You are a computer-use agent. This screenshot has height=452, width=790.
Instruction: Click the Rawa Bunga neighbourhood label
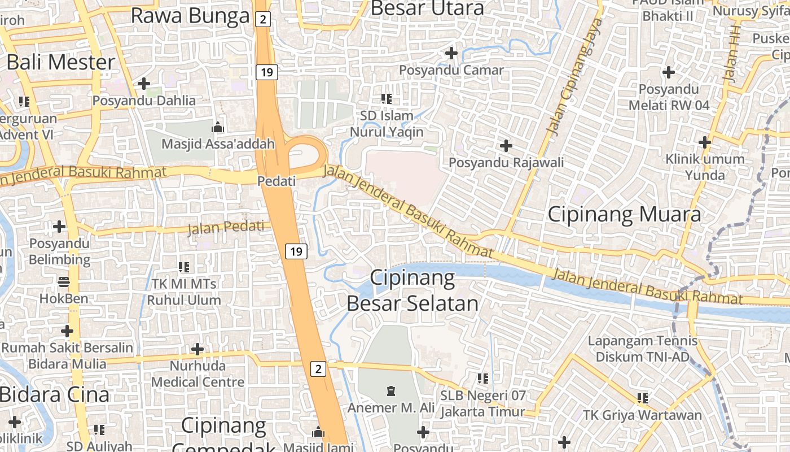tap(190, 16)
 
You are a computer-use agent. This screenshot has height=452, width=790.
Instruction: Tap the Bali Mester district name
tap(61, 62)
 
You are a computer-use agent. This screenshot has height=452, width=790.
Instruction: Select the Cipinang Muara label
tap(624, 214)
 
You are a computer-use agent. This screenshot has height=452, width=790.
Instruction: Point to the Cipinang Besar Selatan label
tap(412, 290)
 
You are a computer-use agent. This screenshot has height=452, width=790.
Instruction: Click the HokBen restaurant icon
tap(63, 281)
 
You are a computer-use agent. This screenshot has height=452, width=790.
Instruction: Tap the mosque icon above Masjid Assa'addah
tap(218, 127)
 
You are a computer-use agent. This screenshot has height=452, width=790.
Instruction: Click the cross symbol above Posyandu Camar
tap(451, 53)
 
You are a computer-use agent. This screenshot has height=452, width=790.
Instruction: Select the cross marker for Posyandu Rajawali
tap(506, 146)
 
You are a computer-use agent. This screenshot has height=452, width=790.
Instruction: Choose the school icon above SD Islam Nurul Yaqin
tap(387, 99)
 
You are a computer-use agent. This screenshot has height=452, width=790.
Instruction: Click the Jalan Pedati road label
tap(226, 228)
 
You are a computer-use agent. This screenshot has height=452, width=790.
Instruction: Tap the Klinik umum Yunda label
tap(705, 167)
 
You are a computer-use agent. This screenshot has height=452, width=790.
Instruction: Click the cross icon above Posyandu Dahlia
tap(144, 84)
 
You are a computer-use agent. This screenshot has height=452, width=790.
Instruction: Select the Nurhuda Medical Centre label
tap(197, 374)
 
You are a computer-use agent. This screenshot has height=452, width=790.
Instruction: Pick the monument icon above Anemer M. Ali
tap(390, 390)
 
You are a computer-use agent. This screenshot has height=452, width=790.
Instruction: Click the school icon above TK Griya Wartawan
tap(642, 398)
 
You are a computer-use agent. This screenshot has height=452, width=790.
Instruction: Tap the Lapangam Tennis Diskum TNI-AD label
tap(643, 349)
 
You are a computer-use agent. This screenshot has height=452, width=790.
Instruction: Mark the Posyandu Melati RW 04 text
tap(669, 97)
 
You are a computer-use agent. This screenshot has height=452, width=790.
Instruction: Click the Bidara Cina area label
tap(55, 395)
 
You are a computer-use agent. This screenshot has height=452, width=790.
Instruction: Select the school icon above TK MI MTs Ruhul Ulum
tap(184, 267)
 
